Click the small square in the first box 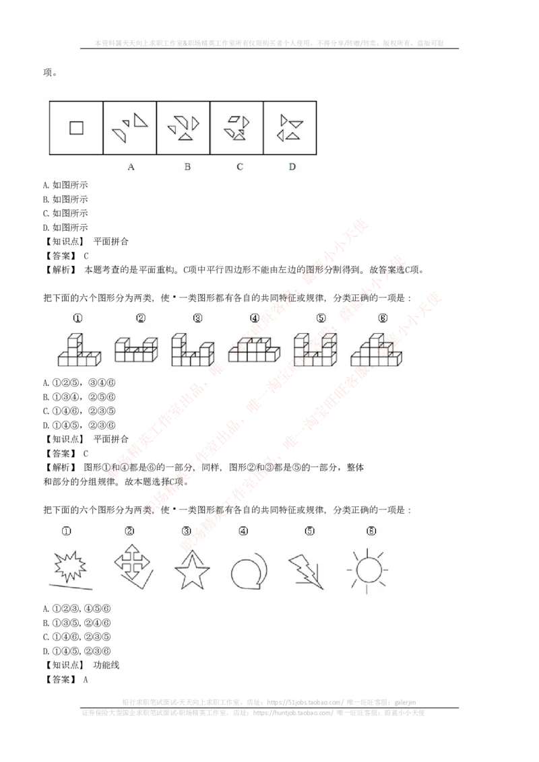(x=76, y=127)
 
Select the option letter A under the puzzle (x=131, y=167)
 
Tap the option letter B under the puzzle (x=187, y=167)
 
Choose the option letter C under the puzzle (x=240, y=167)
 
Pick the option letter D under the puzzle (x=292, y=167)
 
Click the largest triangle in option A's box (x=140, y=120)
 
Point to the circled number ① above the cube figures (x=78, y=318)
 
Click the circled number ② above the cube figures (x=140, y=318)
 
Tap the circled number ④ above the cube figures (x=254, y=318)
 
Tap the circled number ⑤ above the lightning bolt (x=309, y=531)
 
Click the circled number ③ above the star (x=187, y=531)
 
